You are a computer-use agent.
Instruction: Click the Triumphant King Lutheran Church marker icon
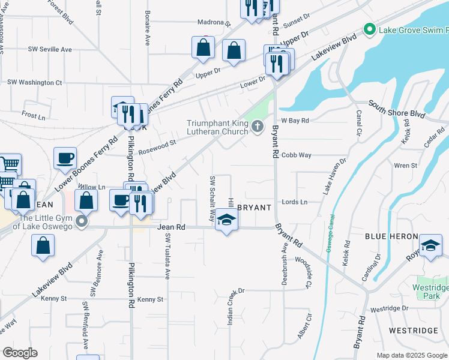pyautogui.click(x=258, y=125)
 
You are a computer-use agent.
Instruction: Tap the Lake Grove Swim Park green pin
pyautogui.click(x=369, y=29)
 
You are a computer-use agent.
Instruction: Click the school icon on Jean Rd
pyautogui.click(x=226, y=220)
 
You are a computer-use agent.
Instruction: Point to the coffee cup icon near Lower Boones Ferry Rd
pyautogui.click(x=65, y=158)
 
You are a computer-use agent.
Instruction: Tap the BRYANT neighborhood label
pyautogui.click(x=254, y=207)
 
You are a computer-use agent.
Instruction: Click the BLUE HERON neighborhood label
pyautogui.click(x=387, y=237)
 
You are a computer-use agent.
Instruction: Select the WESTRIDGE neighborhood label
pyautogui.click(x=413, y=331)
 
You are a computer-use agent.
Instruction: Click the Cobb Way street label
pyautogui.click(x=297, y=155)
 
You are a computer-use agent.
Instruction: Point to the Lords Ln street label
pyautogui.click(x=295, y=202)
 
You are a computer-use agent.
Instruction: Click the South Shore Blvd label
pyautogui.click(x=397, y=109)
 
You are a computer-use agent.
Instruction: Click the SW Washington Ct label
pyautogui.click(x=34, y=82)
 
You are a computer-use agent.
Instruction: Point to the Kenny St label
pyautogui.click(x=150, y=299)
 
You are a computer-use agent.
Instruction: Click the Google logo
pyautogui.click(x=19, y=353)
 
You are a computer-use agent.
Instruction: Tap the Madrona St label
pyautogui.click(x=214, y=22)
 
